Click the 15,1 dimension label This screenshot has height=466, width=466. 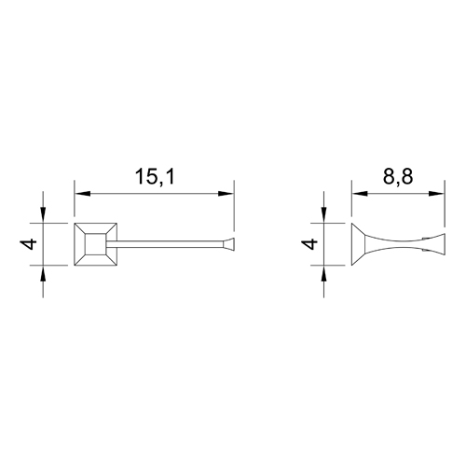click(155, 177)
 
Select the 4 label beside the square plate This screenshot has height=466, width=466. click(29, 244)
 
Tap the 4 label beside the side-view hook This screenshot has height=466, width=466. click(309, 244)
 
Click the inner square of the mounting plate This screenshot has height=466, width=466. click(96, 244)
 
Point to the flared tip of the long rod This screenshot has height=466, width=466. click(228, 243)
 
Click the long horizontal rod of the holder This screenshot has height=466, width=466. click(165, 244)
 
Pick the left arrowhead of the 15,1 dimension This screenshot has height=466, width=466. click(82, 194)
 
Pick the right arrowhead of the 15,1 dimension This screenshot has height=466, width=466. click(226, 194)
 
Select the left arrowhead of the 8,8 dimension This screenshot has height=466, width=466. click(360, 194)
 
